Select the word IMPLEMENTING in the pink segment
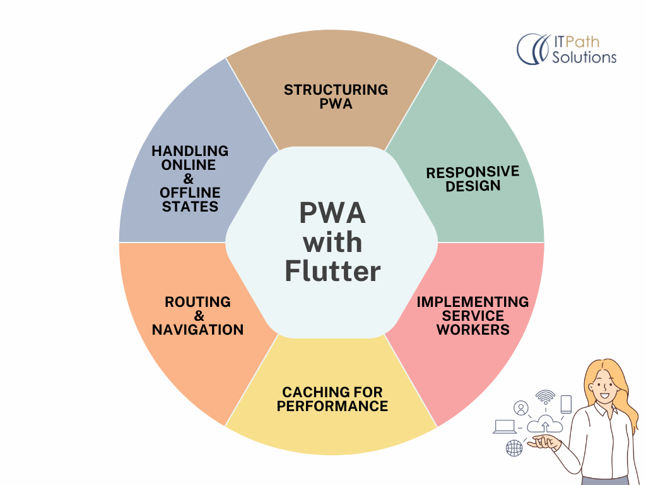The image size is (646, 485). [x=473, y=302]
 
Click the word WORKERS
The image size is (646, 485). [x=473, y=329]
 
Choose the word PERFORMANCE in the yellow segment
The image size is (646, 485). [x=332, y=406]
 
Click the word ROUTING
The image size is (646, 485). [x=197, y=302]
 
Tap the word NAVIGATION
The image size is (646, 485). [x=197, y=329]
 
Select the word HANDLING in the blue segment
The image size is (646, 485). [x=190, y=151]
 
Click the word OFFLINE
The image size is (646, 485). [x=190, y=193]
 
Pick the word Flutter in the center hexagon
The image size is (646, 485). [x=332, y=271]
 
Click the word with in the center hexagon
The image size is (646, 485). [x=332, y=242]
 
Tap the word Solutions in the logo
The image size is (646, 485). [x=584, y=57]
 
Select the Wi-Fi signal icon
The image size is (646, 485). [x=545, y=397]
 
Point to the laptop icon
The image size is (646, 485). [x=504, y=426]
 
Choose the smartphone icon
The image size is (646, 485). [x=566, y=404]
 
